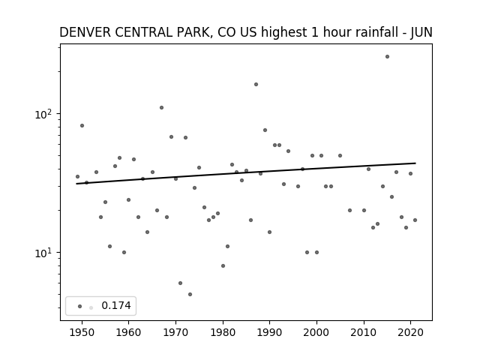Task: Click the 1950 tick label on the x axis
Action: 82,332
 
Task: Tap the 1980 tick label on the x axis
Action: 223,332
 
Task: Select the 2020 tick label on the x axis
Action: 410,332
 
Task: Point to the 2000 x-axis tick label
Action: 316,332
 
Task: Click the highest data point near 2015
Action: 387,57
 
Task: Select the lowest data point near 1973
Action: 190,295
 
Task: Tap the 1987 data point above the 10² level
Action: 256,85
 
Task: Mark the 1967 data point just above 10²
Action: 162,108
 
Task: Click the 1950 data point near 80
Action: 82,126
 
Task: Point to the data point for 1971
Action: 180,283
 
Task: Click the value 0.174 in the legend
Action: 116,305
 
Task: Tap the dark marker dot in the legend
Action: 80,307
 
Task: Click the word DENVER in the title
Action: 85,32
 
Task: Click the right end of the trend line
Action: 415,163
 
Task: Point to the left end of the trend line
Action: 76,184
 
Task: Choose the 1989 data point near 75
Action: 265,130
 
